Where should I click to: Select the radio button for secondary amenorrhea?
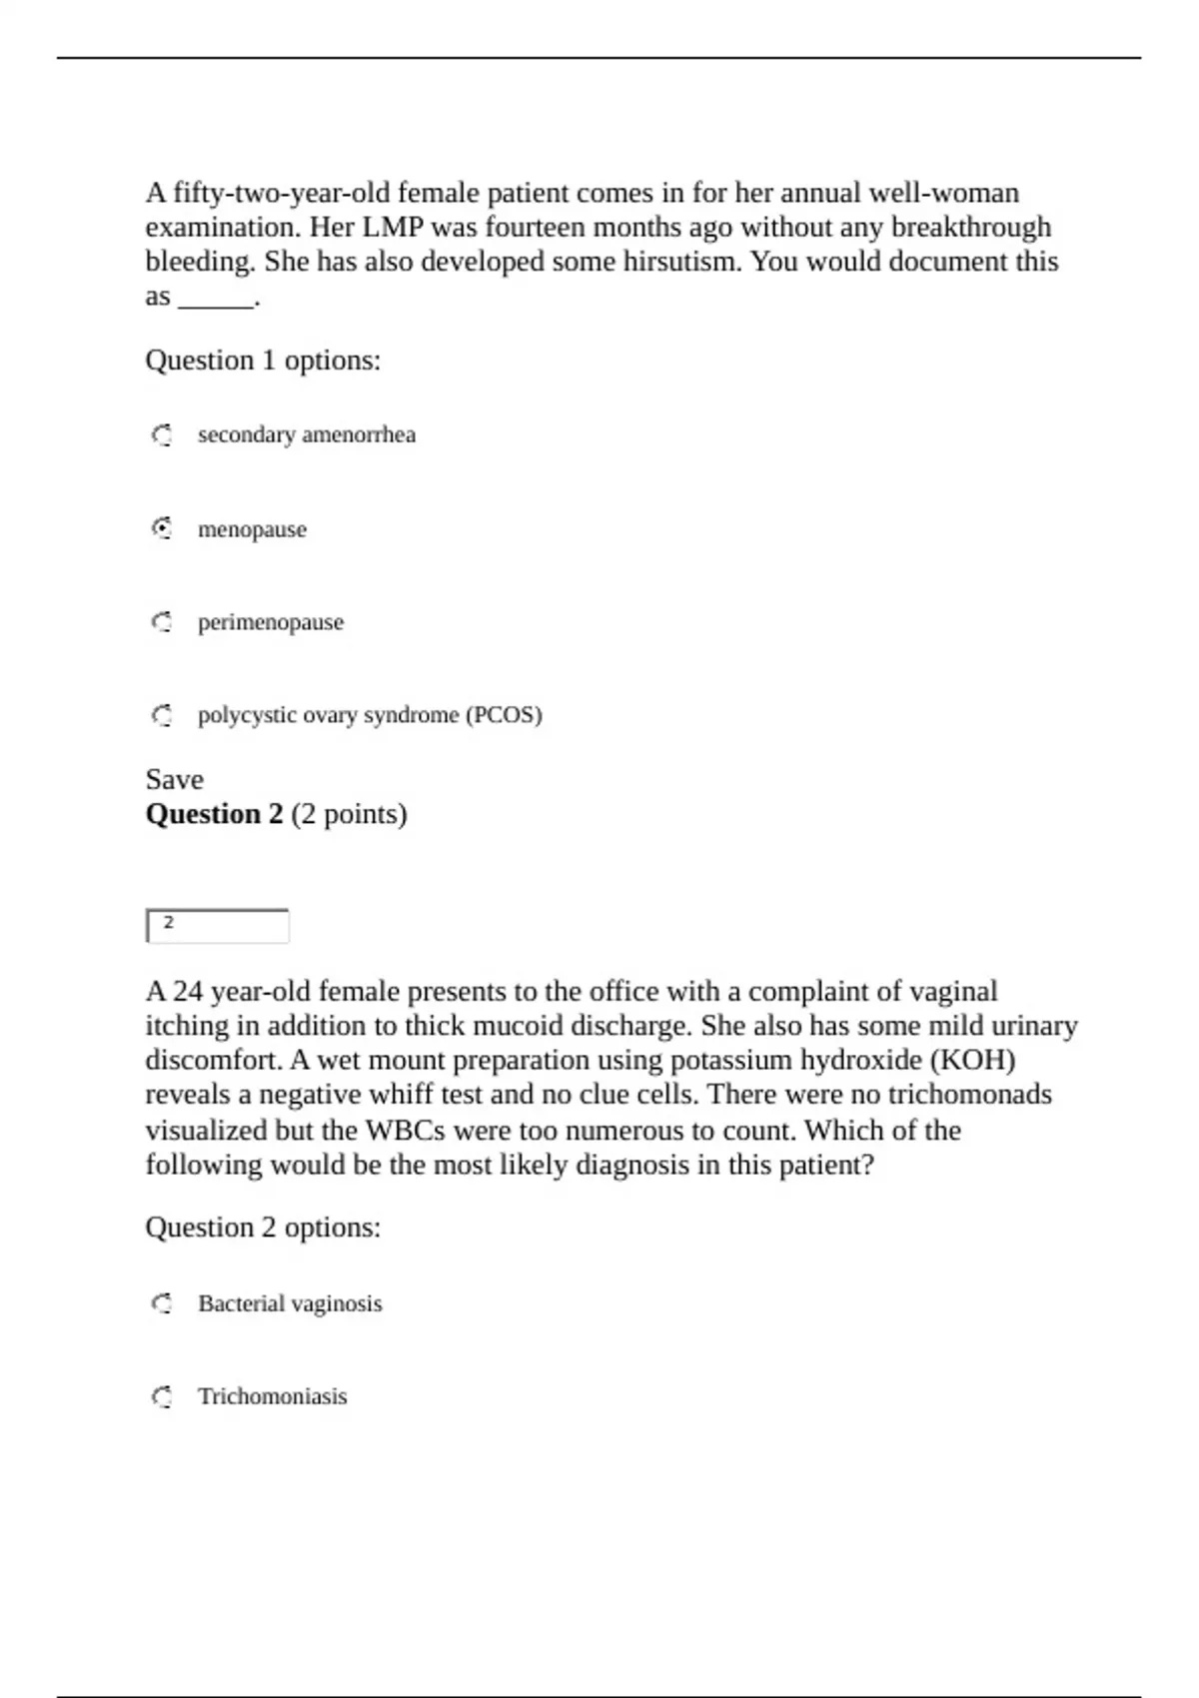(x=162, y=435)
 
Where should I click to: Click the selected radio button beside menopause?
(x=162, y=528)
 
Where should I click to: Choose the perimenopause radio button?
(x=162, y=622)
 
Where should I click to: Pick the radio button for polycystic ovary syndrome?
(x=162, y=715)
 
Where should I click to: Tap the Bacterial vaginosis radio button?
(x=162, y=1303)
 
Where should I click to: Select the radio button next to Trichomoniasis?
(x=162, y=1396)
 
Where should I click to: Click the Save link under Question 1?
(x=174, y=779)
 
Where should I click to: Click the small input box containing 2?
(x=218, y=926)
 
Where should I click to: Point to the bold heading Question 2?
(x=214, y=814)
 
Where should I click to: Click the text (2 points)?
(x=350, y=814)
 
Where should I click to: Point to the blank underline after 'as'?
(x=216, y=298)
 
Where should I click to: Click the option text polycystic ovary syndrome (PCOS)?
(x=370, y=715)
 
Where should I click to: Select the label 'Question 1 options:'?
(x=263, y=360)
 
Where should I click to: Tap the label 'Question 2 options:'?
(x=263, y=1227)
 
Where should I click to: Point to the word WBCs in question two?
(x=406, y=1130)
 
